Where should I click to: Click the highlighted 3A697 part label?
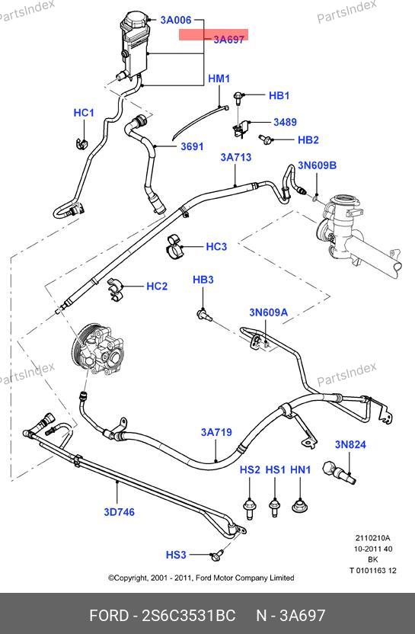click(x=228, y=39)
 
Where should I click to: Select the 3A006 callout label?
click(x=176, y=19)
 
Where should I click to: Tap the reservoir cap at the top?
click(x=136, y=18)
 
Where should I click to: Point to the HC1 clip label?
click(x=84, y=113)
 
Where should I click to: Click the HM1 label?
click(x=219, y=78)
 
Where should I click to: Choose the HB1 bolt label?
click(x=279, y=95)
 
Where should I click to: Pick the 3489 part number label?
click(x=286, y=122)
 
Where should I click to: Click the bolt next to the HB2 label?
click(x=265, y=139)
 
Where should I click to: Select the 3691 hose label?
click(x=192, y=146)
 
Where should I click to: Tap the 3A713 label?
click(x=236, y=157)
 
